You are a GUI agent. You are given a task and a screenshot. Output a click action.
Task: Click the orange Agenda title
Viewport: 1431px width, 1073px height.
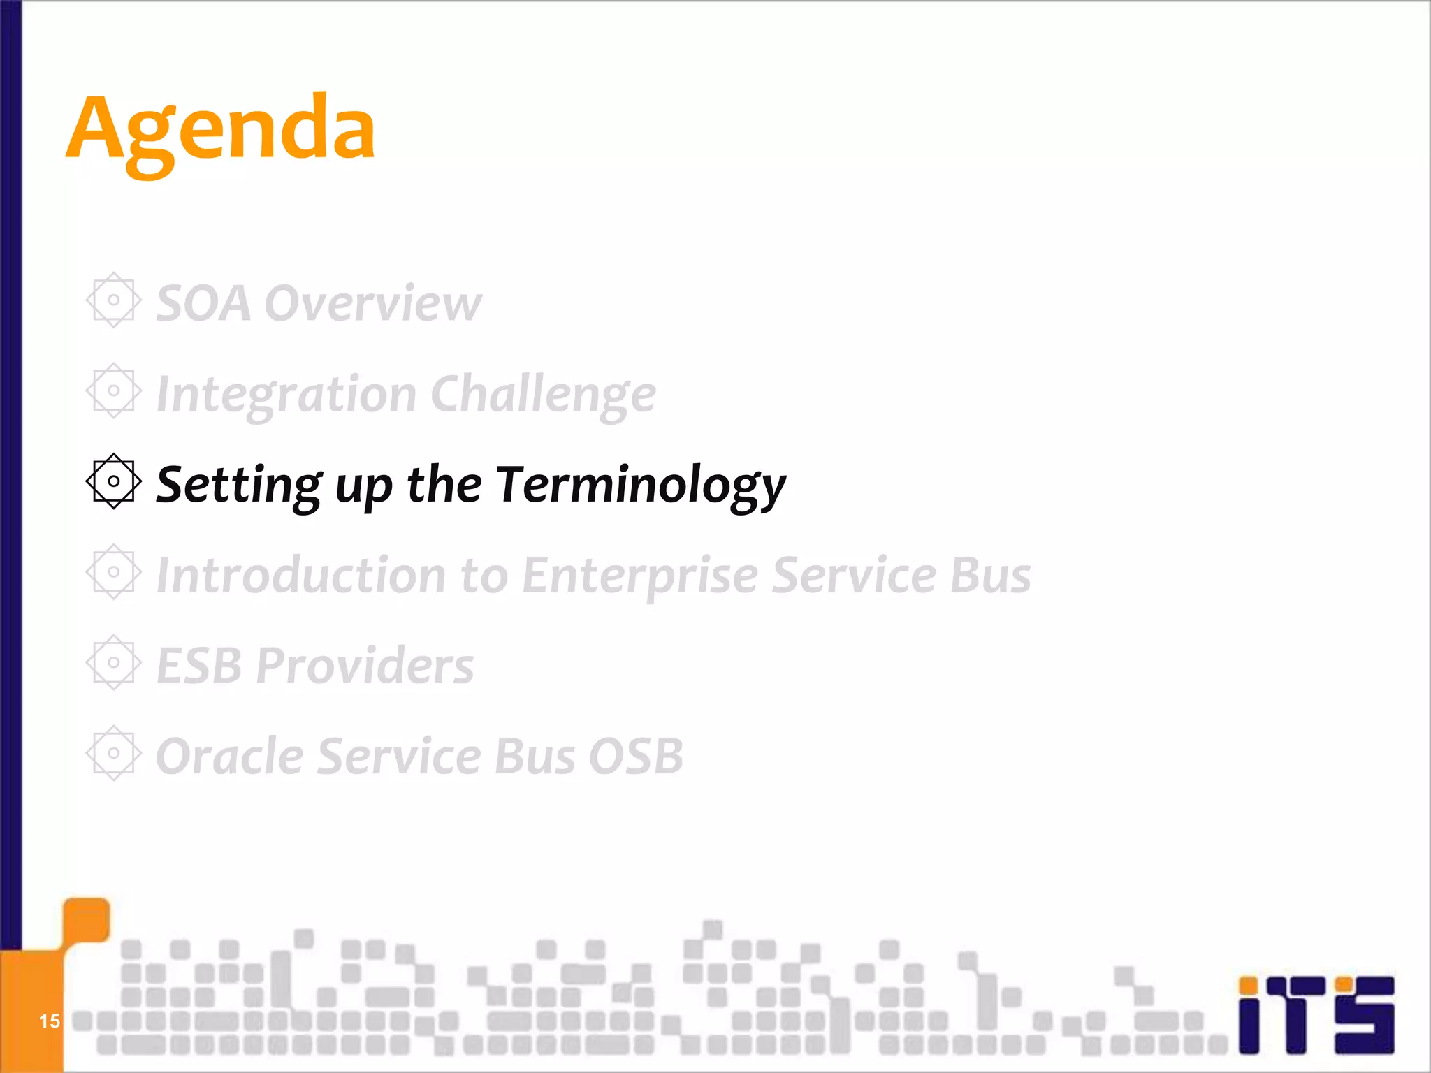[x=221, y=131]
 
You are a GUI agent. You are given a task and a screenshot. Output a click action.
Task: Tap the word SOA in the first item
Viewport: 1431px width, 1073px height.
[x=203, y=304]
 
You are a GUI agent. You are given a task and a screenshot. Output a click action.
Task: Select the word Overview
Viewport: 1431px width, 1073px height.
[x=373, y=304]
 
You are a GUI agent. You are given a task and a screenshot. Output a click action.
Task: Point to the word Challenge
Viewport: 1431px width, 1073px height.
[x=544, y=395]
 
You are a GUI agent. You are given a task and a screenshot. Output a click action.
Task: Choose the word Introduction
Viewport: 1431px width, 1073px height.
[x=301, y=576]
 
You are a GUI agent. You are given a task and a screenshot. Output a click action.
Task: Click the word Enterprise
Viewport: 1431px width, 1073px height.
[x=640, y=576]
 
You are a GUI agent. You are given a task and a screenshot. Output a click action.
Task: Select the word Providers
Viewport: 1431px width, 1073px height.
[x=365, y=666]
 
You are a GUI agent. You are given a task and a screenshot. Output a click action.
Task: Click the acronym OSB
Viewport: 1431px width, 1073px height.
[x=636, y=757]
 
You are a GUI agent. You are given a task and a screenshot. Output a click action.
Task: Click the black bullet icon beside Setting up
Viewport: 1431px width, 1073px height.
[x=114, y=481]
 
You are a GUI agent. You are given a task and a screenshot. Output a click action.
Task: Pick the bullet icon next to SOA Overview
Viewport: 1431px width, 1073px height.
[x=114, y=300]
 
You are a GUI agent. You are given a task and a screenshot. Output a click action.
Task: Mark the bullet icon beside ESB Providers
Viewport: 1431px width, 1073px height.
[x=114, y=662]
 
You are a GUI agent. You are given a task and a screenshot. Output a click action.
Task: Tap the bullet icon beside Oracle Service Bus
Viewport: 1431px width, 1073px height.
[x=114, y=753]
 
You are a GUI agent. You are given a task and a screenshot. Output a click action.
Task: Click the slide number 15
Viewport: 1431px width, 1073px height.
[x=49, y=1021]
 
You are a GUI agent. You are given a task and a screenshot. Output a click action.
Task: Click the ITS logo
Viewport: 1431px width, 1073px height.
[x=1316, y=1014]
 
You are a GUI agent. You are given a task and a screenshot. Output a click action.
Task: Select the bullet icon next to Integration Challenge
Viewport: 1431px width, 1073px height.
[x=114, y=391]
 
